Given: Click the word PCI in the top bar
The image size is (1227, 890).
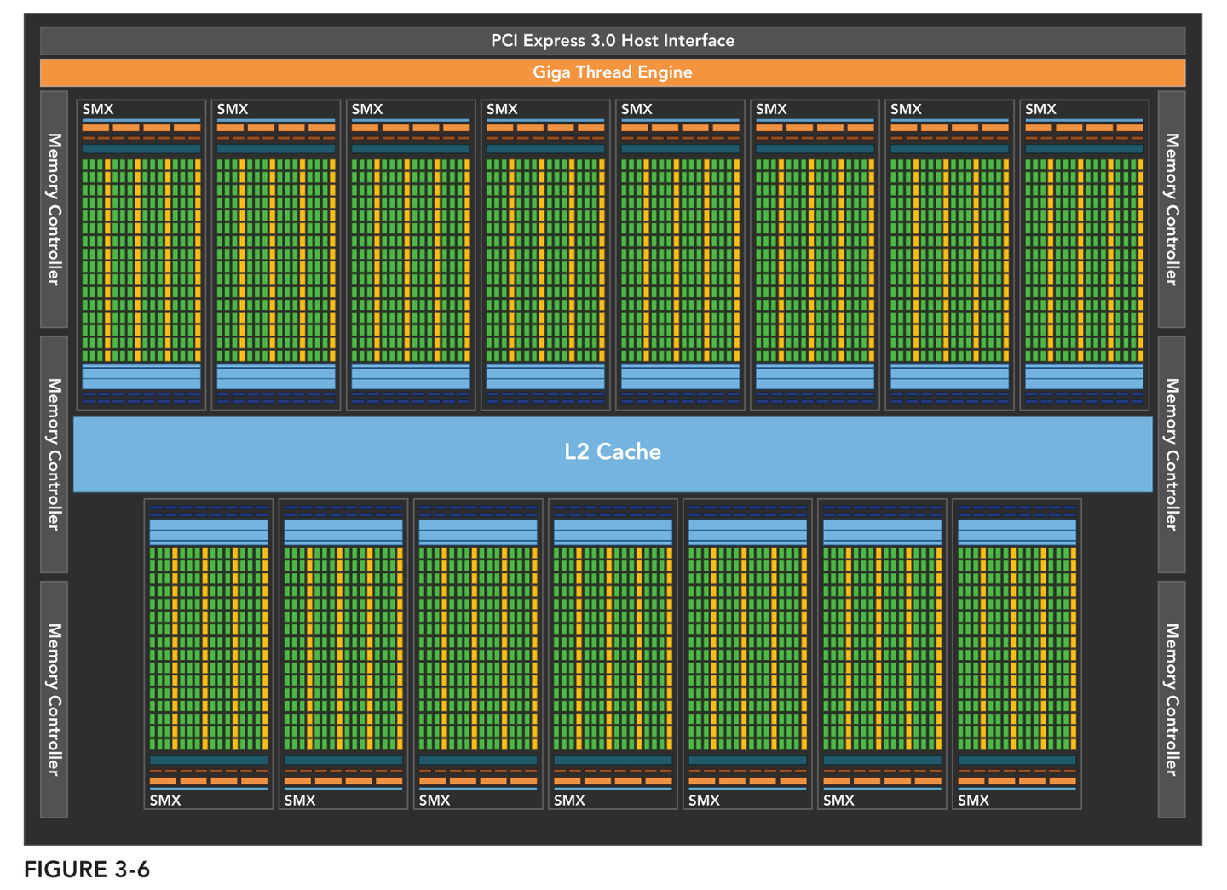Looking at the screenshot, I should [x=504, y=41].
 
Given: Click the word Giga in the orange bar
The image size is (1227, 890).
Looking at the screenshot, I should [x=552, y=72].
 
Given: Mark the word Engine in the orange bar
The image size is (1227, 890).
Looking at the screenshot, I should [x=665, y=72].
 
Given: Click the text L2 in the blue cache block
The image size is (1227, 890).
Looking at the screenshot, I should [x=577, y=451].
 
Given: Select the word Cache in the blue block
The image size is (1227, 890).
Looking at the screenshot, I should [x=628, y=451].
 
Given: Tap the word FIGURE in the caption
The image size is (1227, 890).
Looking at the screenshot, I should [x=66, y=870].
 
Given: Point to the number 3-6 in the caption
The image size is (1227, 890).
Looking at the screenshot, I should [x=131, y=870].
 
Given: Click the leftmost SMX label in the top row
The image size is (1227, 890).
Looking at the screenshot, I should [x=98, y=109].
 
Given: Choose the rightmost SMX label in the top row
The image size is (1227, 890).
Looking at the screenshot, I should [x=1040, y=109].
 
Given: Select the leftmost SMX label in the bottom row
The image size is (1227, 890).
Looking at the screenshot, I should [x=165, y=801].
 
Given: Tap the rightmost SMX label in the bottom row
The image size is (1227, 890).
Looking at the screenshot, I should [x=973, y=801].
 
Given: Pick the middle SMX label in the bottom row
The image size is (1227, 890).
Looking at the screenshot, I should [x=569, y=801].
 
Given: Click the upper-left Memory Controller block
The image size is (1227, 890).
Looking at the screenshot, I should [x=54, y=209].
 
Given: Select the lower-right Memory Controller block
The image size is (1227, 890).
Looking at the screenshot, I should [x=1172, y=699].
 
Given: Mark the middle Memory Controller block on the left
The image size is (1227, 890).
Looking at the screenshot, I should [x=54, y=454].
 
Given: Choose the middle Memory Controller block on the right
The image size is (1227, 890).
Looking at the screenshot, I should [x=1172, y=454].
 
